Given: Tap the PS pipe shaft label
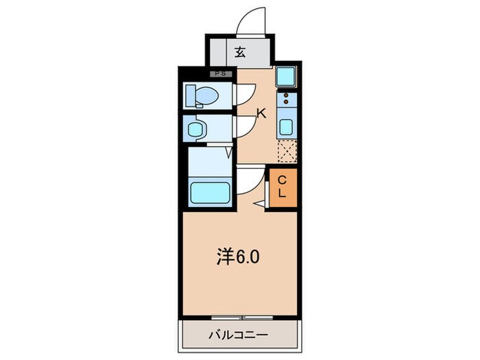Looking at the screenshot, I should tap(221, 72).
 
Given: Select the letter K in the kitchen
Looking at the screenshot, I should tap(261, 114).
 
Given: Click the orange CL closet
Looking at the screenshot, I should tap(283, 186).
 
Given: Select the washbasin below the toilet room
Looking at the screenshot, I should tap(197, 128).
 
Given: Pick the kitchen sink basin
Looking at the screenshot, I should tap(287, 126).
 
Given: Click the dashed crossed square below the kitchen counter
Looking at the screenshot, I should tap(287, 149).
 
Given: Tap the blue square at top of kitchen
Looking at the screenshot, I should tap(287, 76).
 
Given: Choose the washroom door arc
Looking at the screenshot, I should tap(245, 126).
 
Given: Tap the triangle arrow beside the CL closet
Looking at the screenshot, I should tap(259, 204).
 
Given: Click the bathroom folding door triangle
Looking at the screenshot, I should tap(228, 152).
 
